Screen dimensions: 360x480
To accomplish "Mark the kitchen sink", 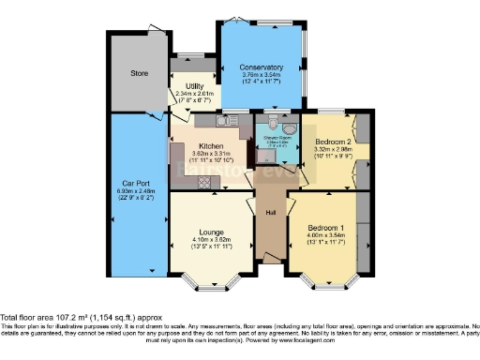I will coord(226,120).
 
